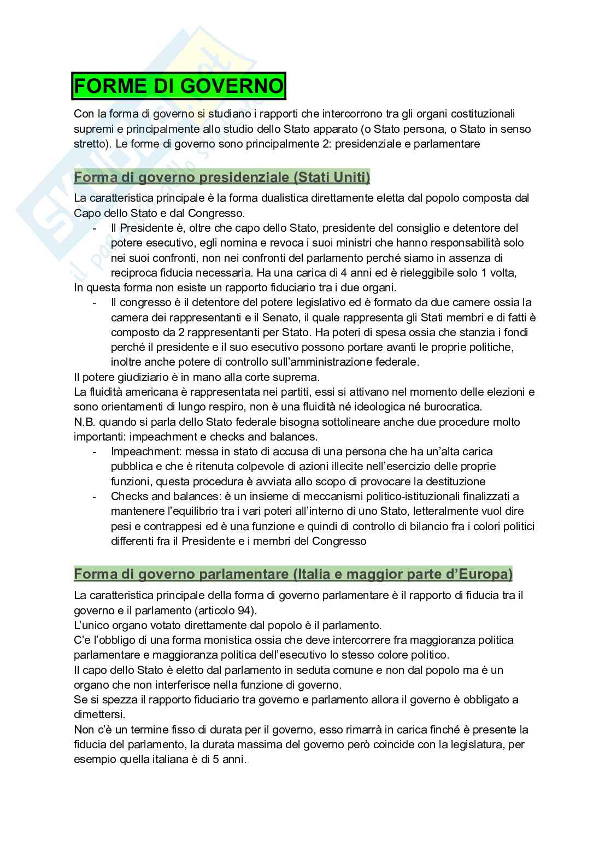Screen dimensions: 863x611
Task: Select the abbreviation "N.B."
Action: pos(85,422)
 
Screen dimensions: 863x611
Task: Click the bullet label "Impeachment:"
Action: pos(146,451)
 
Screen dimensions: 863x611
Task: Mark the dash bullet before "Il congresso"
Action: pos(96,302)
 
